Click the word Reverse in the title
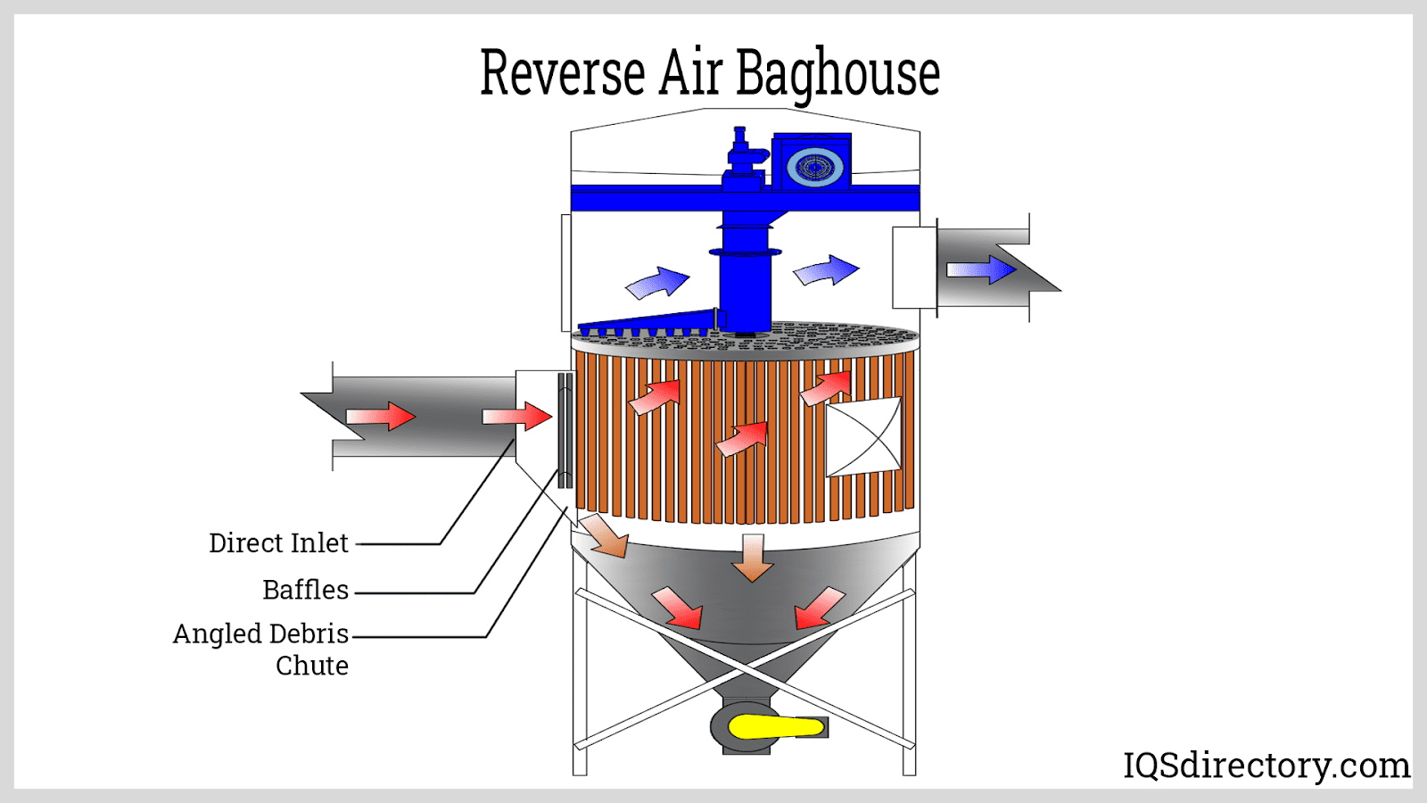562,73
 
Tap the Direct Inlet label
278,542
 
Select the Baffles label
305,590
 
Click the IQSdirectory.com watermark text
1266,766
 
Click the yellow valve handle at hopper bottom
774,727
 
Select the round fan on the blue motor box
814,167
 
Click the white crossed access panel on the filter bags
863,436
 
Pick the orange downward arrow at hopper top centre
753,559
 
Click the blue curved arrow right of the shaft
826,270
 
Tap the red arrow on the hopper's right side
818,608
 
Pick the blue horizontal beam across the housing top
642,198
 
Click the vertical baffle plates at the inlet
565,431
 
